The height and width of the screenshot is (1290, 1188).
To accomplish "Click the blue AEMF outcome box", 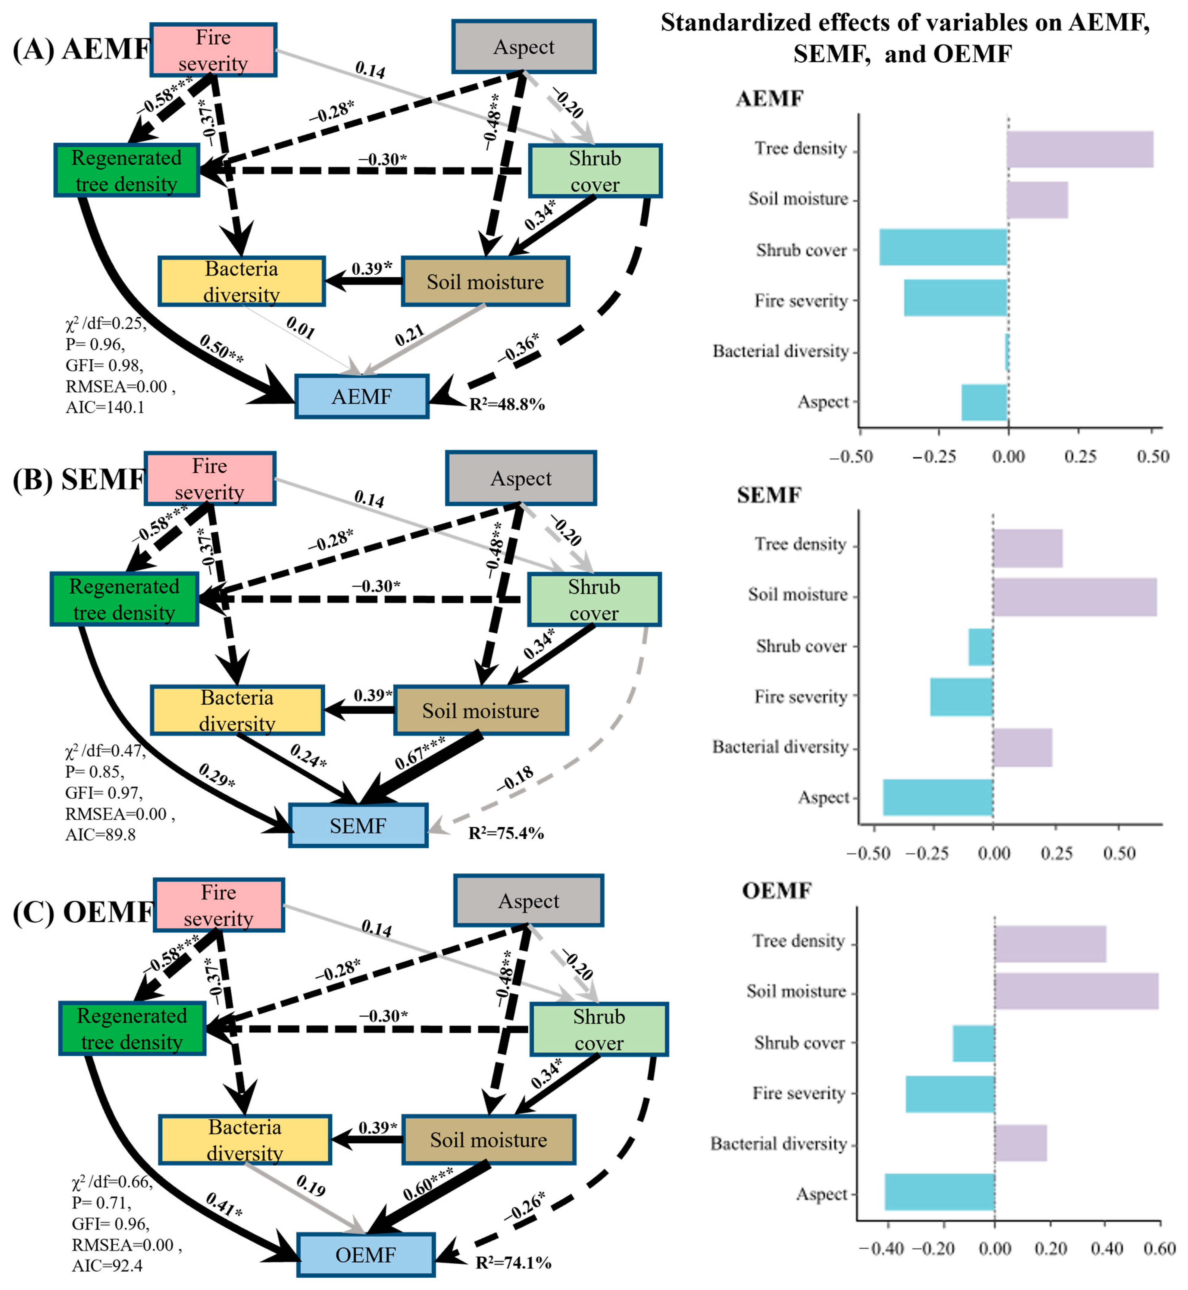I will point(362,397).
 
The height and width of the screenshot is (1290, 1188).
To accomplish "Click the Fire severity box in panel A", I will point(214,50).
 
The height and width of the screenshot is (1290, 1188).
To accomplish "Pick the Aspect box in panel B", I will point(521,478).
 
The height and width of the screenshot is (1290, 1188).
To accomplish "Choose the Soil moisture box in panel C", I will point(489,1140).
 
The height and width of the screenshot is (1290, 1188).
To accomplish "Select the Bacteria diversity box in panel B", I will point(237,710).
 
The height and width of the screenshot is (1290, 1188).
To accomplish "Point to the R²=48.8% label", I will point(507,405).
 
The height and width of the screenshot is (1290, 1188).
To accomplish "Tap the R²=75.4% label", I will point(506,833).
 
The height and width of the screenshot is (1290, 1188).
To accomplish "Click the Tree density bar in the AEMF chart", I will point(1080,149).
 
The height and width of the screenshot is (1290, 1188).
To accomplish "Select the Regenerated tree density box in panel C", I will point(133,1029).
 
